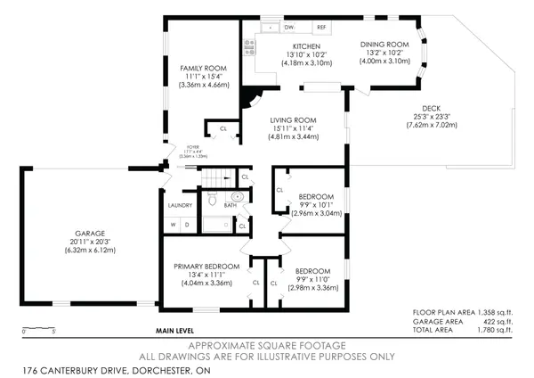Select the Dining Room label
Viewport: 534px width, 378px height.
click(x=384, y=45)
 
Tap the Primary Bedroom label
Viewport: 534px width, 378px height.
click(x=206, y=266)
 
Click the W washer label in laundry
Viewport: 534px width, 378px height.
click(x=174, y=225)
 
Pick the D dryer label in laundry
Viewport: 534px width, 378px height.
click(x=187, y=225)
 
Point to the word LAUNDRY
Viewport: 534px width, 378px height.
click(x=180, y=206)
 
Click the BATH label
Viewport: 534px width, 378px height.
click(x=230, y=206)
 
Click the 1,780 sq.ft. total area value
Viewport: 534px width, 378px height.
click(x=495, y=329)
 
